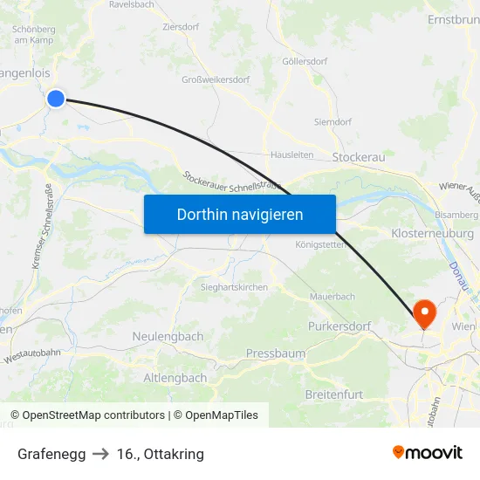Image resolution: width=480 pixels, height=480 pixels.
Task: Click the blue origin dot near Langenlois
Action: click(56, 98)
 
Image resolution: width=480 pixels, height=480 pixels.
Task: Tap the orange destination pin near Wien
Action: click(425, 312)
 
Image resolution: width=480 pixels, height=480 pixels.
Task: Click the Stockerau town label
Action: click(359, 157)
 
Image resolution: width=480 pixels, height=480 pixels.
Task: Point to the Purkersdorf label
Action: click(339, 326)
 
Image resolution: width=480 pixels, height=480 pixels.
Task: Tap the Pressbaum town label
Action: click(276, 353)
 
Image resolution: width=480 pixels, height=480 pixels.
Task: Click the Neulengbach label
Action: click(168, 336)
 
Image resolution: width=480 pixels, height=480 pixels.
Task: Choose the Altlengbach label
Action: click(175, 378)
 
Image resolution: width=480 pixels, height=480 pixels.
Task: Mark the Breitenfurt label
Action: click(333, 394)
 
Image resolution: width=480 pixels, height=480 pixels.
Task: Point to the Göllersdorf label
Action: click(304, 62)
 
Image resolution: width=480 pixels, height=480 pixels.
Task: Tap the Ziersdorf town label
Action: click(181, 27)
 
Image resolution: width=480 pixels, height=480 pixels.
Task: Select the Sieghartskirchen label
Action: click(234, 286)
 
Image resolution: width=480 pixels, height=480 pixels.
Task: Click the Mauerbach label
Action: click(333, 297)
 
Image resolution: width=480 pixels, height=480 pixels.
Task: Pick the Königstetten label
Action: click(321, 244)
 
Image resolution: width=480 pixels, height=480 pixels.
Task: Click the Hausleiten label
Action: click(291, 154)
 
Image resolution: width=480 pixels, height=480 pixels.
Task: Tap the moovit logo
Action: click(428, 452)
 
